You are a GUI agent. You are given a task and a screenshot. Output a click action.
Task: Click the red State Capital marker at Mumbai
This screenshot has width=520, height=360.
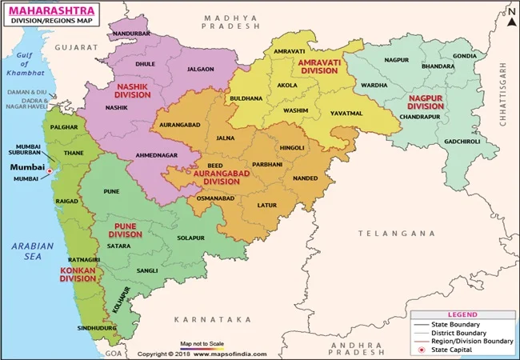(50, 170)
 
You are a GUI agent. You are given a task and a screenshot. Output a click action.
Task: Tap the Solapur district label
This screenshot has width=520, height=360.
(192, 238)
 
